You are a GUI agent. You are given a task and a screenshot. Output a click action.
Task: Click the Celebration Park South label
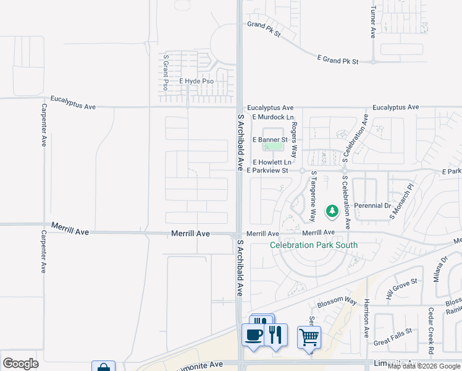coord(314,245)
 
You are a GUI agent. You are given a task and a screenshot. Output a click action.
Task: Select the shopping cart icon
coord(309,338)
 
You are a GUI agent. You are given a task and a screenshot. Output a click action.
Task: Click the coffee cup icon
coord(253,336)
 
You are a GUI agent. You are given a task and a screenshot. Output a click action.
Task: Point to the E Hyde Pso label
coord(196,81)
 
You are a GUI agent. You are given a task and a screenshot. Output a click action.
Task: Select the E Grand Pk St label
coord(338,60)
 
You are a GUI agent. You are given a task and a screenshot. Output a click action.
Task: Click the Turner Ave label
coord(372,23)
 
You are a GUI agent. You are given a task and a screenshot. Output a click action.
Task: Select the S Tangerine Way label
coord(313,196)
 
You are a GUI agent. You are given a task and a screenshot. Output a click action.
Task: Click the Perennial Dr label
coord(372,205)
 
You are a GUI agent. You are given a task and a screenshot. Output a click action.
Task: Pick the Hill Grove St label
coord(402,288)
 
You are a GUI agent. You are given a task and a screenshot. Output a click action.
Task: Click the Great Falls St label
coord(392,337)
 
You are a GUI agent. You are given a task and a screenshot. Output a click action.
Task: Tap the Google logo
coord(20,363)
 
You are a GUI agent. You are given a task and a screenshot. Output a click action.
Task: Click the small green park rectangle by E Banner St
coord(272,132)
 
